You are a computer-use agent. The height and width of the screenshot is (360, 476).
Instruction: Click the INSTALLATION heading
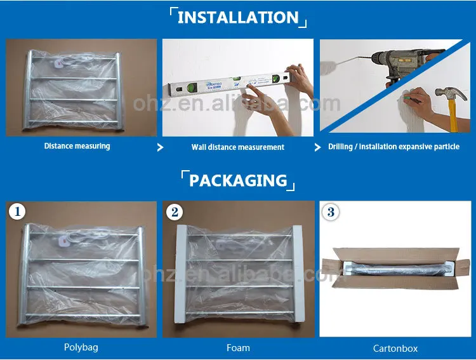point(238,17)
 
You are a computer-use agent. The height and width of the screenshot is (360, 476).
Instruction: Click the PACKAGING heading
point(238,180)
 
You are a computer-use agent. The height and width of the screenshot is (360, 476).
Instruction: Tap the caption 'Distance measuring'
point(77,146)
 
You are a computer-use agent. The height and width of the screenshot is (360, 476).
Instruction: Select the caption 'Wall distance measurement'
point(238,147)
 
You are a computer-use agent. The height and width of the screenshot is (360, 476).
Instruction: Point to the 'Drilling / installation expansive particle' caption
point(393,147)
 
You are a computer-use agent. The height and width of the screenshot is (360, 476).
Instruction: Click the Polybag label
point(81,347)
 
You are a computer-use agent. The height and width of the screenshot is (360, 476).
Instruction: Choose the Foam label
point(238,348)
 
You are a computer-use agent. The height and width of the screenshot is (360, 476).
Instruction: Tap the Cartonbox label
point(395,349)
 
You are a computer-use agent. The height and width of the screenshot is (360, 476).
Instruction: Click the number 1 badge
point(17,211)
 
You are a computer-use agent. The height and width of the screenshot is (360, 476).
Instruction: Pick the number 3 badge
point(331,211)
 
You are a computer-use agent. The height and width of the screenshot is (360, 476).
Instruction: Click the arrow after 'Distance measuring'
point(160,147)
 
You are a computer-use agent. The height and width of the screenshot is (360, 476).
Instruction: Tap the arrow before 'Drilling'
point(317,147)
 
